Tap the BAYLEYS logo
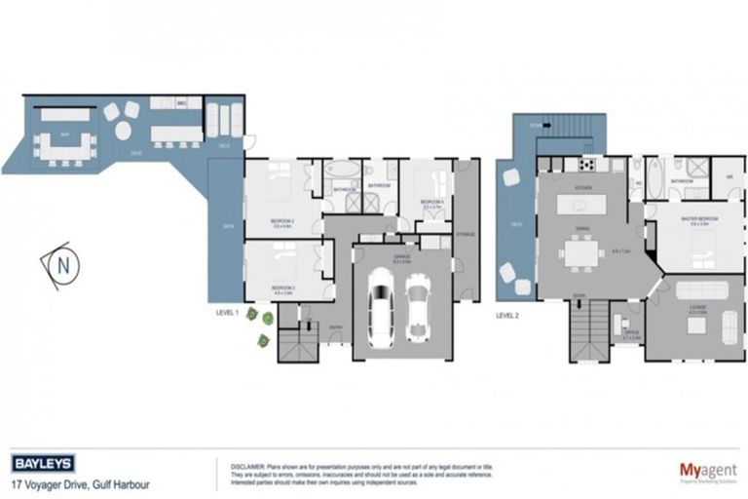(x=43, y=463)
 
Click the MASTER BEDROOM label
(x=693, y=219)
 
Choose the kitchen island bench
(x=581, y=205)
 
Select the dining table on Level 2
(x=581, y=254)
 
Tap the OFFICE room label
(x=629, y=333)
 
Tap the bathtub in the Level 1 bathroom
(x=343, y=169)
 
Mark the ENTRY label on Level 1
(x=336, y=327)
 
